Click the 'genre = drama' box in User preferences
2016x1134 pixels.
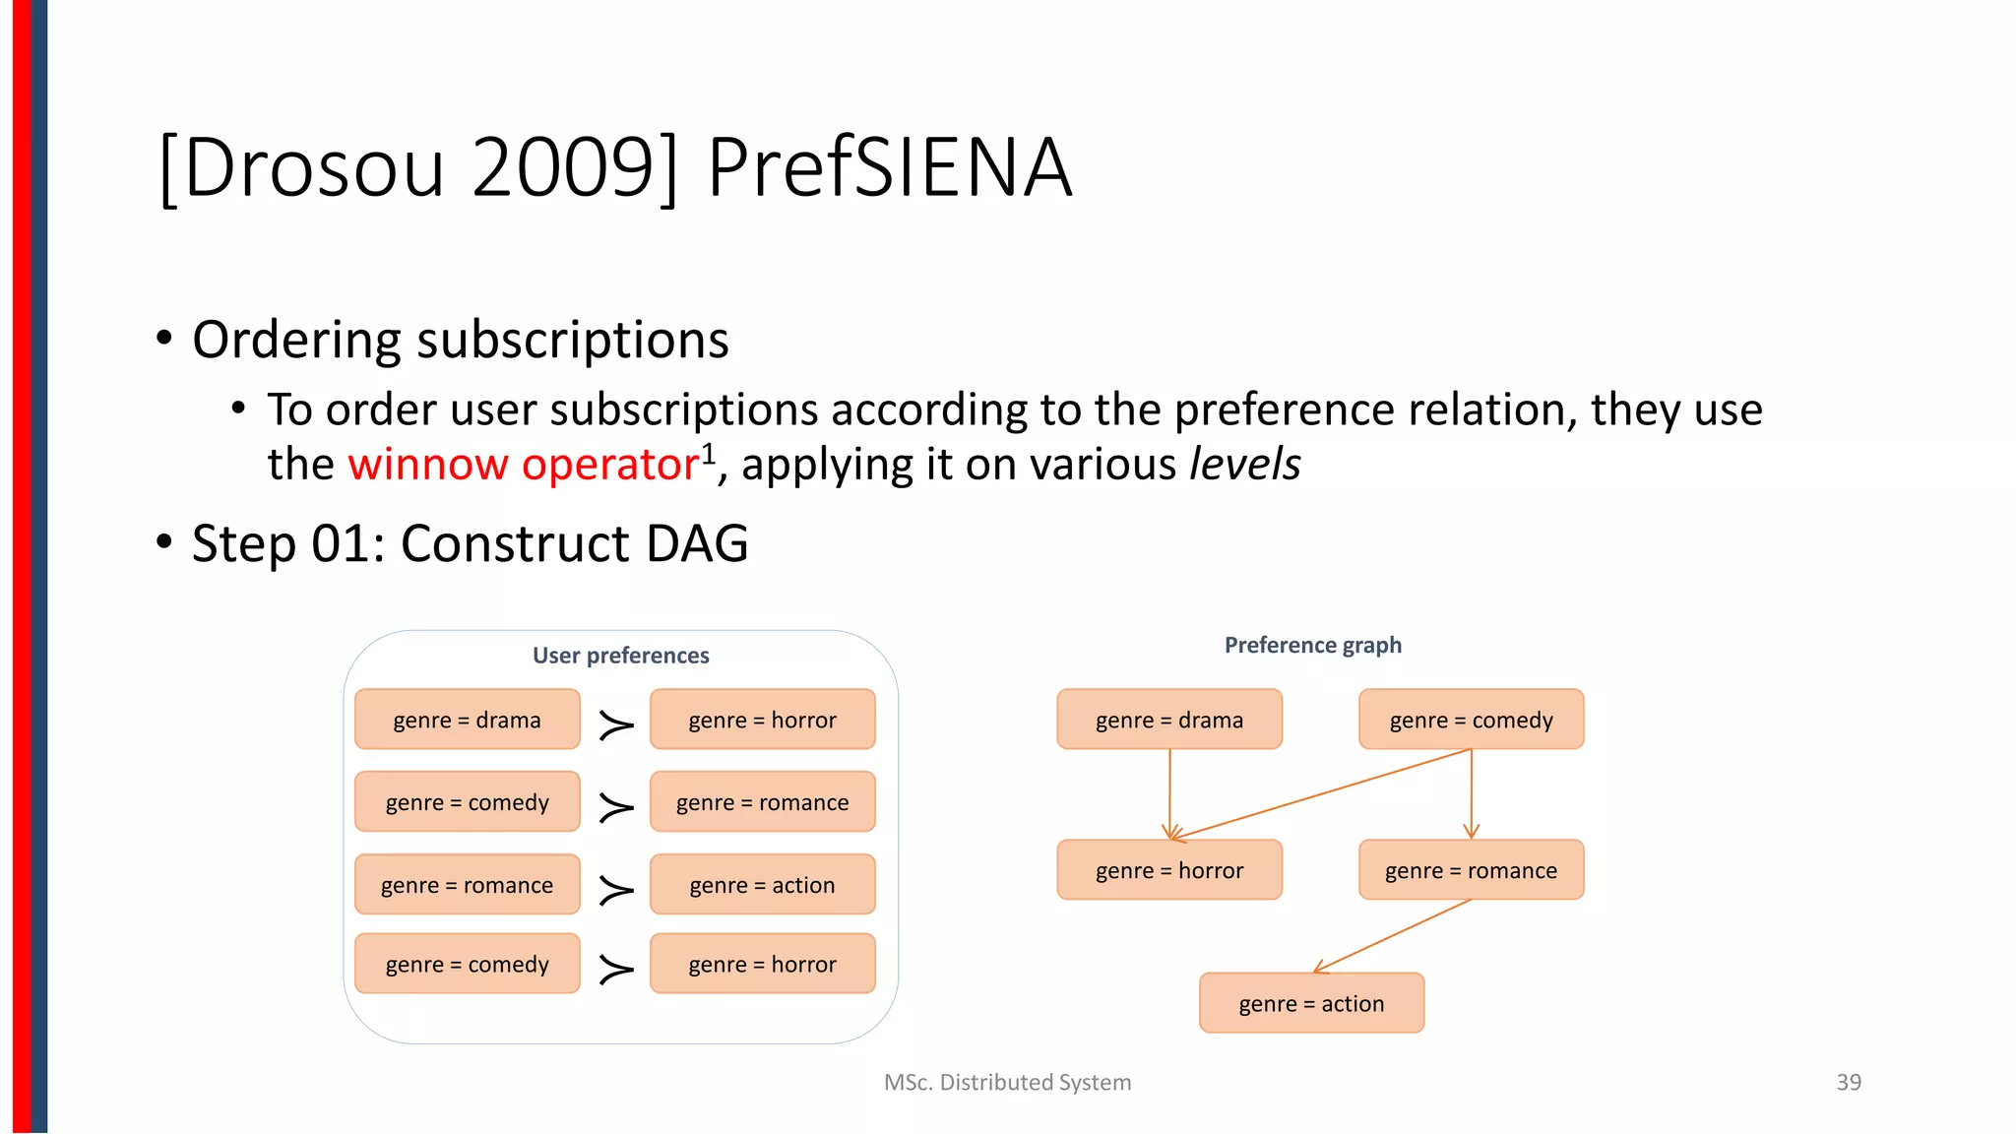[467, 720]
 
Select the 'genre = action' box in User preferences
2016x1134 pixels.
[762, 885]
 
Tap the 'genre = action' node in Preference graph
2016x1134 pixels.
[1311, 1003]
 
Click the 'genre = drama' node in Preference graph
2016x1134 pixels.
[1169, 720]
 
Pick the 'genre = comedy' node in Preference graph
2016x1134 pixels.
[1471, 720]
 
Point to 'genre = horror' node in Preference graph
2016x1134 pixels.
[1169, 870]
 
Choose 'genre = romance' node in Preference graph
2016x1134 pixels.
[1471, 870]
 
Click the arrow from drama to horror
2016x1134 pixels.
[1169, 792]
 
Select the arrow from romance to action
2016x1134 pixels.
[1393, 935]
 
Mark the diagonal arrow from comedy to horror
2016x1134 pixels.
[1319, 794]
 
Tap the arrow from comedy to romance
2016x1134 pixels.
[1471, 792]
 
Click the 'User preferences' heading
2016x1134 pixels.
[620, 656]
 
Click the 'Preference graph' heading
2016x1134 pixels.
[1312, 645]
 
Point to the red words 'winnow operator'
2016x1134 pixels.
[523, 465]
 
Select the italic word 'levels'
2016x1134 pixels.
[1244, 465]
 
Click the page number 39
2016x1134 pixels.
[1848, 1082]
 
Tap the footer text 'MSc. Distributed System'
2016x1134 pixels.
[1007, 1082]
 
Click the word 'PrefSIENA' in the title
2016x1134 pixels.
[888, 167]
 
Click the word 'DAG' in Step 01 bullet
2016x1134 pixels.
[697, 543]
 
